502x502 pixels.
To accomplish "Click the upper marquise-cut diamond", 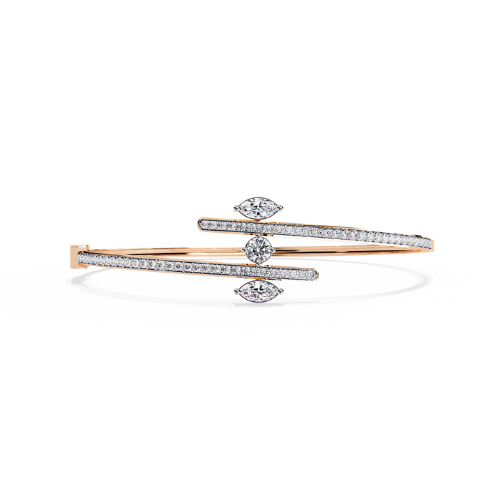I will tap(249, 206).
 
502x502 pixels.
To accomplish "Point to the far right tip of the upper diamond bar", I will tap(434, 243).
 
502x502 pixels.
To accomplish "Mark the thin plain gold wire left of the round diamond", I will tap(167, 249).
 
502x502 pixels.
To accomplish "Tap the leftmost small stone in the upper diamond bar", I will tap(205, 223).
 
